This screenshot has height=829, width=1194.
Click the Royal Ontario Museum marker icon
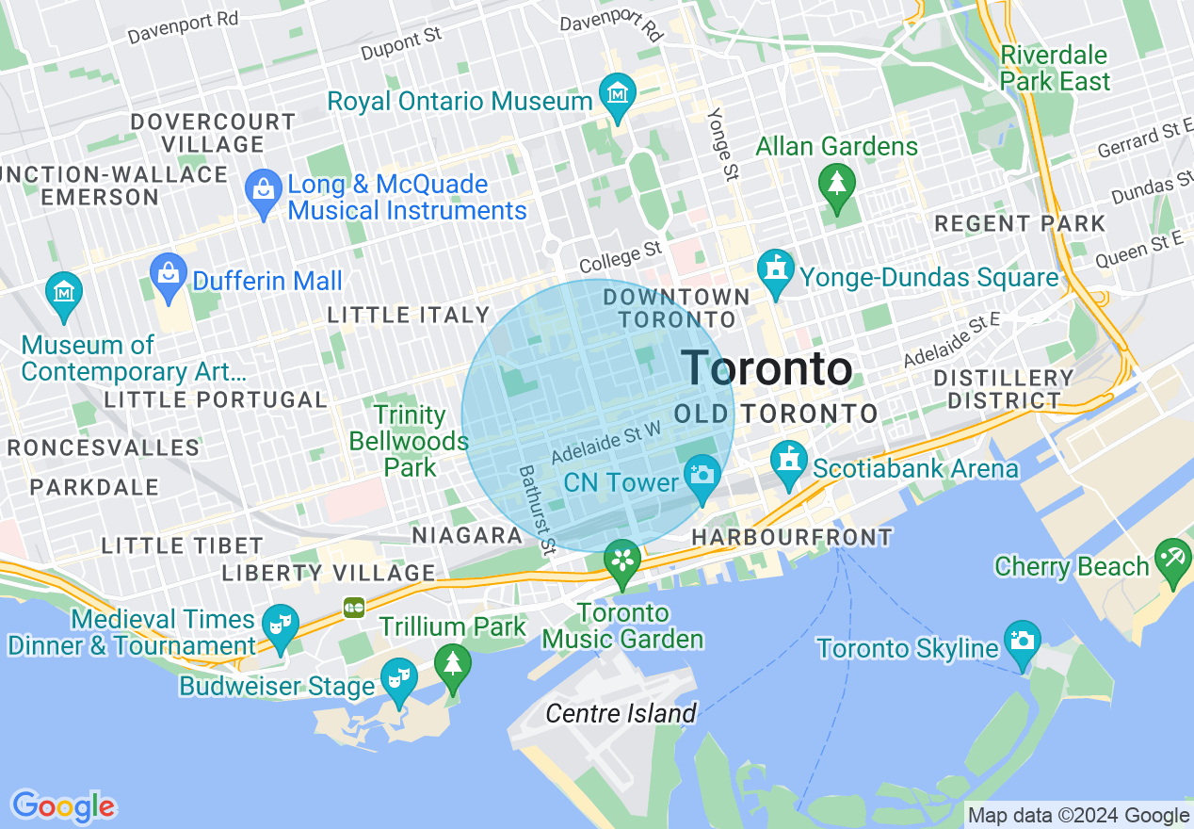pyautogui.click(x=618, y=95)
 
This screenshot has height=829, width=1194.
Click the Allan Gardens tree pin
pyautogui.click(x=836, y=182)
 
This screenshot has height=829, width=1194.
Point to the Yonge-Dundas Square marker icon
pyautogui.click(x=776, y=270)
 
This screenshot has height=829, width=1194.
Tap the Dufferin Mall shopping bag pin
pyautogui.click(x=169, y=274)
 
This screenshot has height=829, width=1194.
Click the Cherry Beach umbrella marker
pyautogui.click(x=1172, y=559)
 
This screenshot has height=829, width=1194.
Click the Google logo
pyautogui.click(x=63, y=806)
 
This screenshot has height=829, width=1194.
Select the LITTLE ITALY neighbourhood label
pyautogui.click(x=409, y=316)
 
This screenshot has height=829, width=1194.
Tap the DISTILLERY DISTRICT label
pyautogui.click(x=1003, y=389)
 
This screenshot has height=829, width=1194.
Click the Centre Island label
pyautogui.click(x=621, y=713)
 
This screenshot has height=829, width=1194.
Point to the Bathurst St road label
pyautogui.click(x=538, y=509)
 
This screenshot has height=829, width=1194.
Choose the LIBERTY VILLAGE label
pyautogui.click(x=329, y=573)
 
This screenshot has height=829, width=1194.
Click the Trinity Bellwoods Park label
pyautogui.click(x=409, y=441)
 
